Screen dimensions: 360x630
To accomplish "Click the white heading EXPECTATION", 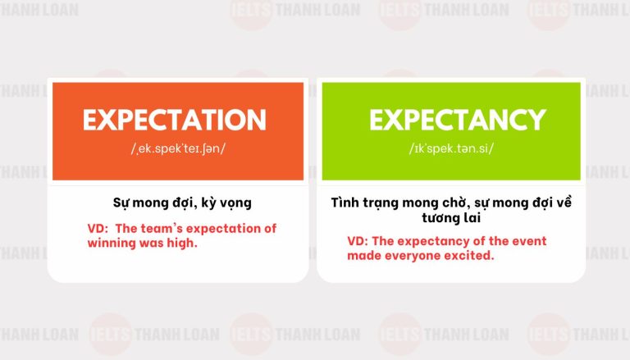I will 175,121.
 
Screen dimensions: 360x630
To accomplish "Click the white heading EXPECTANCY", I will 457,121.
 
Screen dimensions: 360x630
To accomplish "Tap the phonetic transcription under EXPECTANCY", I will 451,148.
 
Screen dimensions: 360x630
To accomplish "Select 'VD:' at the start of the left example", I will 98,229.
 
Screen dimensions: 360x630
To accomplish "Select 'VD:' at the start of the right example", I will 358,241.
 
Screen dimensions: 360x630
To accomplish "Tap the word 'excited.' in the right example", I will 468,256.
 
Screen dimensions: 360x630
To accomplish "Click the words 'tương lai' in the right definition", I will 451,218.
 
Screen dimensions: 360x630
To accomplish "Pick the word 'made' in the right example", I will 364,256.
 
